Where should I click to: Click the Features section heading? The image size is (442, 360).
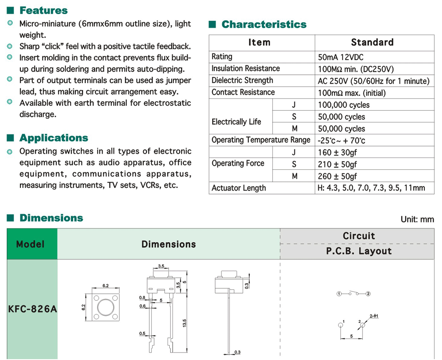(x=43, y=10)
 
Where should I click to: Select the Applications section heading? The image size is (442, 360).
(x=53, y=138)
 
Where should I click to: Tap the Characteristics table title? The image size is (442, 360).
(x=264, y=24)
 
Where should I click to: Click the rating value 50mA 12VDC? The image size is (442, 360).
(x=341, y=57)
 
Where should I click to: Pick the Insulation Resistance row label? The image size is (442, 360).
(x=245, y=69)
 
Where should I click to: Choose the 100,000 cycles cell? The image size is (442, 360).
(x=343, y=105)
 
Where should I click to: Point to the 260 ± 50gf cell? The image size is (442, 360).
(x=337, y=176)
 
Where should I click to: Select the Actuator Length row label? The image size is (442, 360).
(x=239, y=188)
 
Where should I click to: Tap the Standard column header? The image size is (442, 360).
(x=372, y=42)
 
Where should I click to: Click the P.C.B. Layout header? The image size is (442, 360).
(x=358, y=251)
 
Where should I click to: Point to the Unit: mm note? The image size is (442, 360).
(x=417, y=219)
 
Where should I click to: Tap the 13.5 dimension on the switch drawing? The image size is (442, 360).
(x=185, y=323)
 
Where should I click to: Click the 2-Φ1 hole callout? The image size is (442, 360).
(x=374, y=316)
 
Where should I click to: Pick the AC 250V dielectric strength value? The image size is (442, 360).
(x=373, y=81)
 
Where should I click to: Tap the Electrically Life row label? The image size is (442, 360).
(x=236, y=122)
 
